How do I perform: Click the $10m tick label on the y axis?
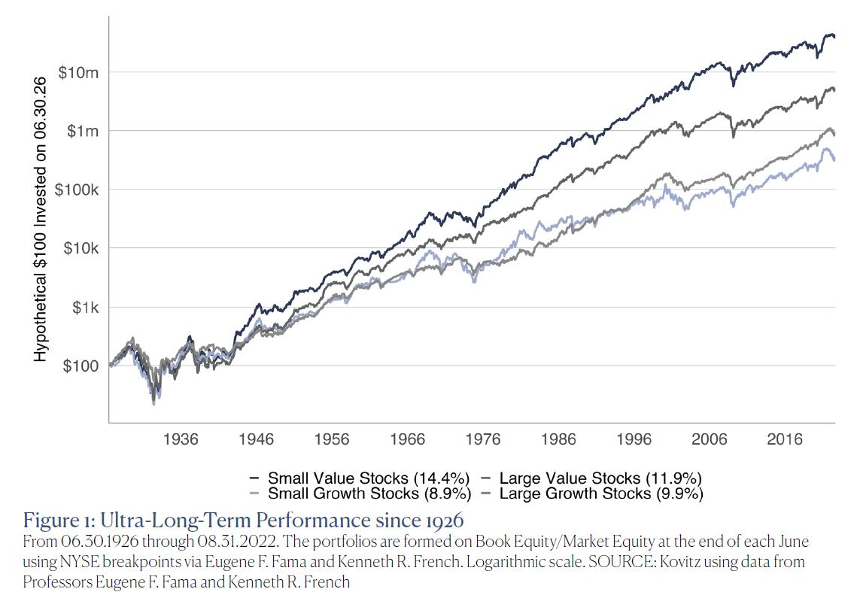[79, 72]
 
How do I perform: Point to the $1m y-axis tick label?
[82, 131]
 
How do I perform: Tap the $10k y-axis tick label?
[80, 248]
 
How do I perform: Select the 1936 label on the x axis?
[181, 440]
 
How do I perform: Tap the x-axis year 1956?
[332, 440]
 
